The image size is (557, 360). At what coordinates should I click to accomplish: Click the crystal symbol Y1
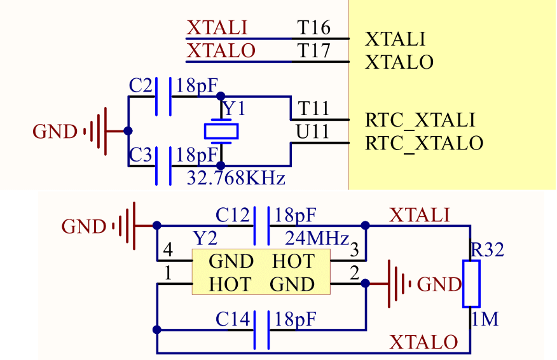(221, 131)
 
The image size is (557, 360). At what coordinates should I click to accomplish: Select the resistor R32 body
(471, 283)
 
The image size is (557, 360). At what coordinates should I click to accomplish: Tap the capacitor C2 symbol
(163, 97)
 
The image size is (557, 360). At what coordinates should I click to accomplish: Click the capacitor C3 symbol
(163, 166)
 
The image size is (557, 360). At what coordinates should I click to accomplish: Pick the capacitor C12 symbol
(261, 226)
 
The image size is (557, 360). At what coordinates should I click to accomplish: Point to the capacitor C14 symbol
(261, 329)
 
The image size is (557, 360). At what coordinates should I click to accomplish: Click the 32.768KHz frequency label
(235, 177)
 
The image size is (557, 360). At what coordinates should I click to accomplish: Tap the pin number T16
(314, 28)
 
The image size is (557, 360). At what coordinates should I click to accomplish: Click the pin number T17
(314, 51)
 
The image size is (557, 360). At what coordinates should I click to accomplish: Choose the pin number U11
(313, 132)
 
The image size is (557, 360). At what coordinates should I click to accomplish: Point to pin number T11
(313, 109)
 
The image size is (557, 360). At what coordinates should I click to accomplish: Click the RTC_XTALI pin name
(420, 120)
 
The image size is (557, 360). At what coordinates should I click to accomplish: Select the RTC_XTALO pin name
(424, 143)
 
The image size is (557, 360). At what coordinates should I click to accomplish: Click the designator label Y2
(205, 239)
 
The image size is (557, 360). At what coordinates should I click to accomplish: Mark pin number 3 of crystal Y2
(354, 250)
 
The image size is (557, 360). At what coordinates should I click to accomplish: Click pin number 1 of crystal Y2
(167, 273)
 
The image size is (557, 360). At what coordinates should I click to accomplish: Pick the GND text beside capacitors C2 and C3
(55, 132)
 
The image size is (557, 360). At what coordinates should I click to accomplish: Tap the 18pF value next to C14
(294, 319)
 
